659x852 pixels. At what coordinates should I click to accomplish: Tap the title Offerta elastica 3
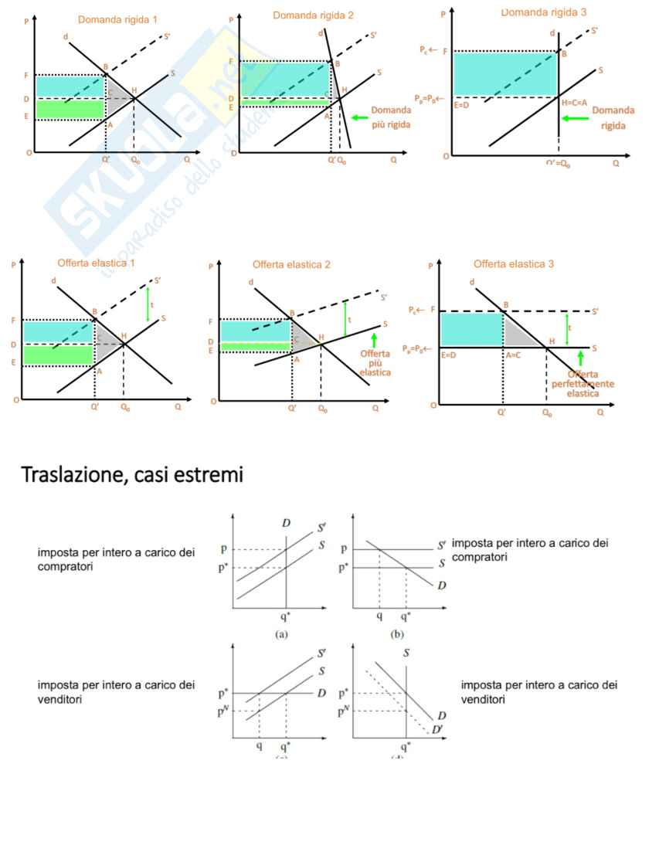pyautogui.click(x=514, y=264)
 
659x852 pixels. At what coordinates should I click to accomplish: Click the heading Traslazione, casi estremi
pyautogui.click(x=133, y=476)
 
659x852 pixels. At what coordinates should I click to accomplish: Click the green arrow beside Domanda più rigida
pyautogui.click(x=359, y=117)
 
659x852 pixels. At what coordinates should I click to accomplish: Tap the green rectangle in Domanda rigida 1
pyautogui.click(x=70, y=109)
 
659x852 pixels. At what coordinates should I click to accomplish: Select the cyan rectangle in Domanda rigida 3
pyautogui.click(x=505, y=74)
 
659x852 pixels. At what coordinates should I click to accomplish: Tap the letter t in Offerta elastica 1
pyautogui.click(x=152, y=305)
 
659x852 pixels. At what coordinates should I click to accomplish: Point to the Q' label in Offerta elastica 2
pyautogui.click(x=292, y=408)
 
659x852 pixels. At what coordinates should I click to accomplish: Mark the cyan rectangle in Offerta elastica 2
pyautogui.click(x=256, y=331)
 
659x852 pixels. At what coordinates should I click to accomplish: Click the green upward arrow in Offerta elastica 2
pyautogui.click(x=375, y=339)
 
